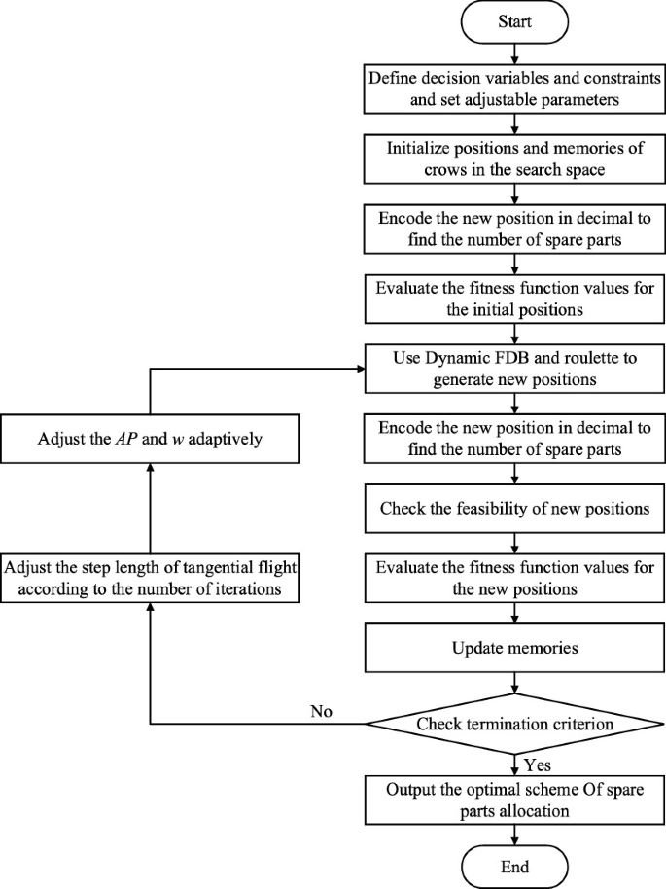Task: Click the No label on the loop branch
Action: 321,711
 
